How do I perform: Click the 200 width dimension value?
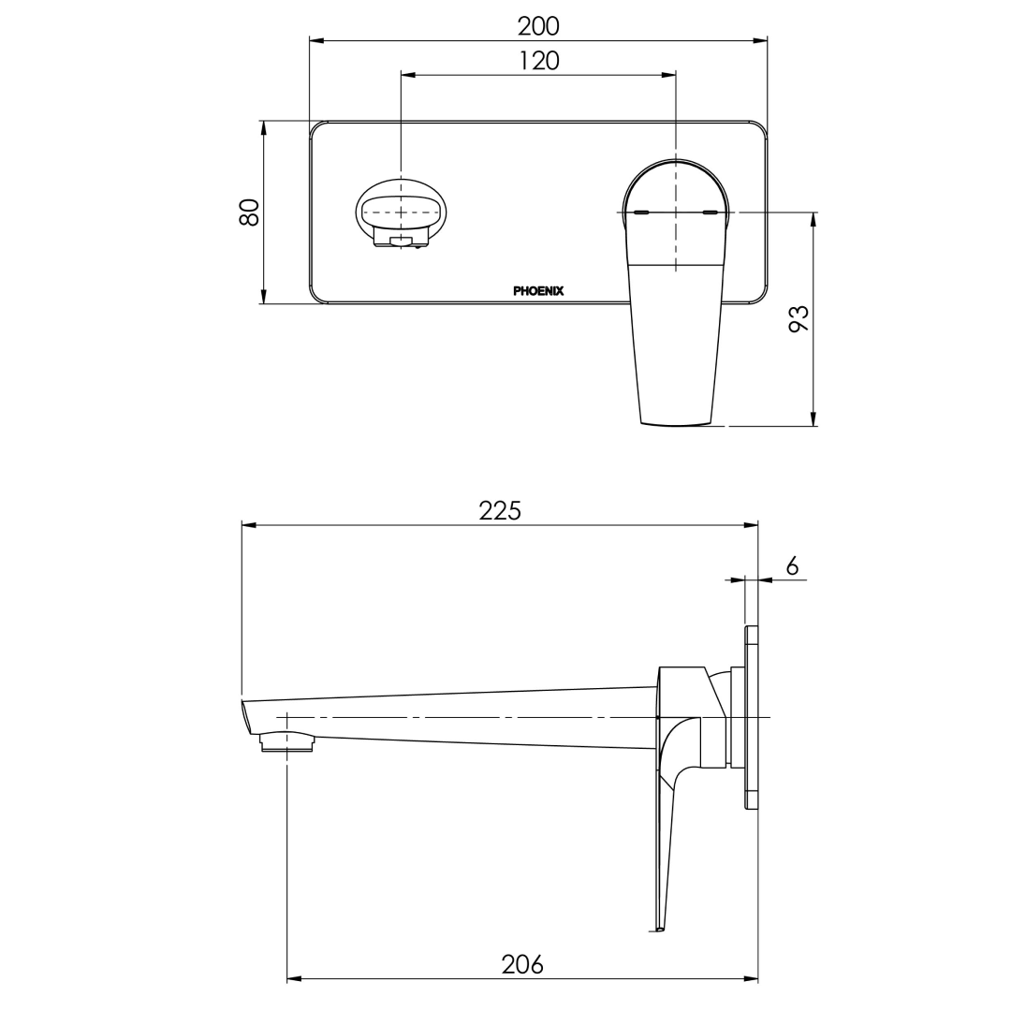click(x=538, y=25)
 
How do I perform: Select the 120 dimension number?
click(x=538, y=61)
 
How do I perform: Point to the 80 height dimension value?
click(x=249, y=212)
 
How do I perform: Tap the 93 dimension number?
click(x=799, y=319)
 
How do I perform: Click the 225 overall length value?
click(x=500, y=510)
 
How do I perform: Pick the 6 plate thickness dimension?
click(x=792, y=565)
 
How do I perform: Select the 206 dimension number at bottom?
click(x=522, y=964)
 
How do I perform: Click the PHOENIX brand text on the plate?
click(x=538, y=291)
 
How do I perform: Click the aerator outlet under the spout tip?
click(x=286, y=742)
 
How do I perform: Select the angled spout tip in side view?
click(x=247, y=717)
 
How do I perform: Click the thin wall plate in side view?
click(x=751, y=717)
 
